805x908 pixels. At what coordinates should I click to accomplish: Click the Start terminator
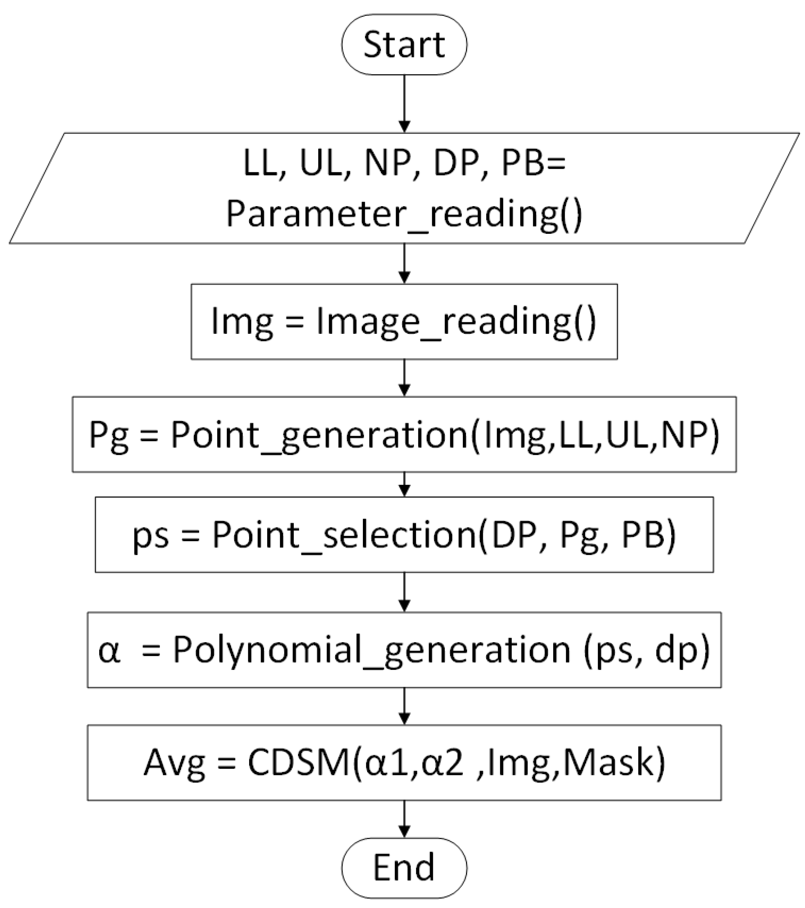(404, 45)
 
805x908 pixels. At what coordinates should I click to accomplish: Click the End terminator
(404, 868)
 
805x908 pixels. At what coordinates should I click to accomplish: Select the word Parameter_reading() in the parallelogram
(404, 215)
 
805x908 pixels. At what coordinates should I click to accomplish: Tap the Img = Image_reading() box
(404, 322)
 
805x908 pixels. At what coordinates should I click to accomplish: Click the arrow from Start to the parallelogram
(404, 103)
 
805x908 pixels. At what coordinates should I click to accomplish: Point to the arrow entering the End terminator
(404, 819)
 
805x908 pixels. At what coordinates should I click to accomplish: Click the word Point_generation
(320, 435)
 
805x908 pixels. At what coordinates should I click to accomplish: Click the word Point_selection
(344, 535)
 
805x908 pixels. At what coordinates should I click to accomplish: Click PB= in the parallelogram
(533, 164)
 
